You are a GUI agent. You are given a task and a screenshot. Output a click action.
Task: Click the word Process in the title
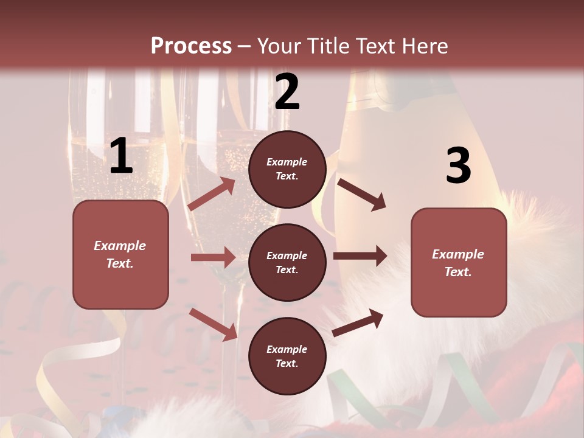pyautogui.click(x=191, y=46)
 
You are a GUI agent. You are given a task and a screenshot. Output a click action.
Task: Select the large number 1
pyautogui.click(x=121, y=156)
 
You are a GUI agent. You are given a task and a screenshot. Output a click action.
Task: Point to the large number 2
pyautogui.click(x=287, y=92)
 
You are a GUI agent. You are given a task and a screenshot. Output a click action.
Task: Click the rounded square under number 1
pyautogui.click(x=120, y=254)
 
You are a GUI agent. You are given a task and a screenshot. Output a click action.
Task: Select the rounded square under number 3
pyautogui.click(x=459, y=262)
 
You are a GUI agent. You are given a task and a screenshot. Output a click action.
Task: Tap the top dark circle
pyautogui.click(x=287, y=169)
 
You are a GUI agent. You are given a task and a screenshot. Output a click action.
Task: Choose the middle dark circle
pyautogui.click(x=287, y=262)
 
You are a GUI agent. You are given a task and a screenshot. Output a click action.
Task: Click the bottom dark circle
pyautogui.click(x=287, y=356)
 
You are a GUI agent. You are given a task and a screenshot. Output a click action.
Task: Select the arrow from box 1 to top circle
pyautogui.click(x=212, y=194)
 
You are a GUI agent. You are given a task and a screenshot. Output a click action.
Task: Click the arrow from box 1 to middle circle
pyautogui.click(x=213, y=257)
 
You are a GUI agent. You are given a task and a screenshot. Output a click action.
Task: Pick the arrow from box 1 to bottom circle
pyautogui.click(x=213, y=324)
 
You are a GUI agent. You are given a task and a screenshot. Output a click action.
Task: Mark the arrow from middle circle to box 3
pyautogui.click(x=360, y=255)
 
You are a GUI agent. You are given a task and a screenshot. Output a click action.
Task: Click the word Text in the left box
pyautogui.click(x=120, y=263)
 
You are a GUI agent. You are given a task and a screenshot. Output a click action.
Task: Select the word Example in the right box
pyautogui.click(x=458, y=254)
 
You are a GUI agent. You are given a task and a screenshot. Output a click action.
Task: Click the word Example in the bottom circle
pyautogui.click(x=287, y=349)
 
